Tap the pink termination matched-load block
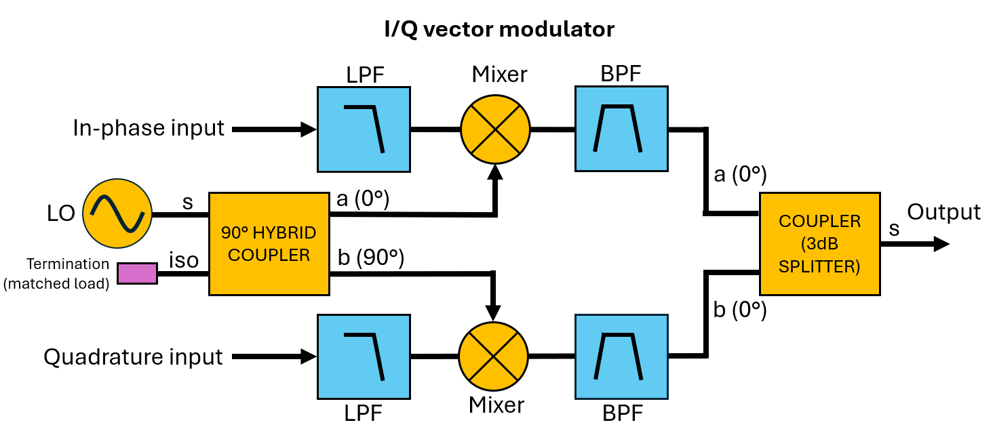pos(137,273)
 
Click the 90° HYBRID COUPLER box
pos(269,244)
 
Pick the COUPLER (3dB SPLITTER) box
pos(819,244)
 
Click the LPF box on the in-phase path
pos(364,129)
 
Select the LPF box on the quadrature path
pos(364,356)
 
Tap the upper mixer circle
pos(495,129)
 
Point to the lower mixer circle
pos(493,356)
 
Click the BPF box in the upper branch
pos(621,129)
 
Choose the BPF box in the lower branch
pos(621,356)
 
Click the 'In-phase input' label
pos(149,128)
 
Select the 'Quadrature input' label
pos(134,356)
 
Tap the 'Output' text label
pos(943,212)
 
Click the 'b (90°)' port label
pos(370,258)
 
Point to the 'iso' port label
pos(184,260)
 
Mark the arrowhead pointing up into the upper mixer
pos(495,173)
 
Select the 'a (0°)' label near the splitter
pos(740,176)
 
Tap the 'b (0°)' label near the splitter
pos(740,310)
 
